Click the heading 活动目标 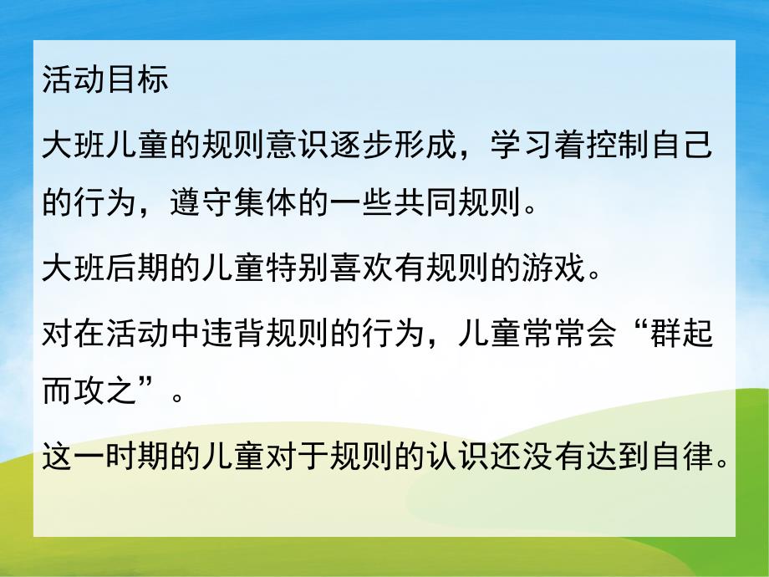coord(104,81)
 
